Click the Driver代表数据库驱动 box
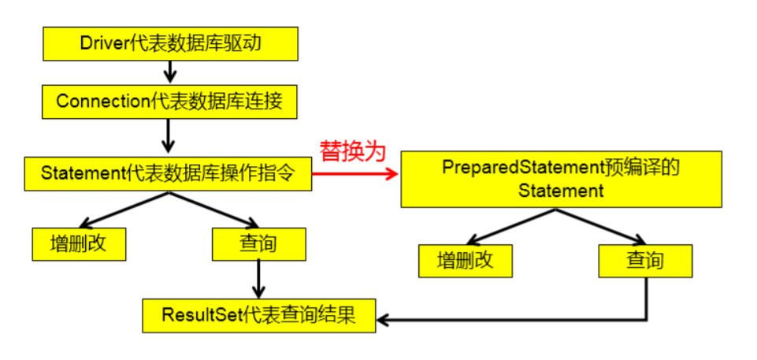[170, 45]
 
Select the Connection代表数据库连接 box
[170, 101]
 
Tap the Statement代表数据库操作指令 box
[168, 173]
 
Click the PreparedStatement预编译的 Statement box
[561, 180]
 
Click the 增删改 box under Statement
[80, 244]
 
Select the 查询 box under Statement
[258, 244]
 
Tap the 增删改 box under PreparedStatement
[466, 261]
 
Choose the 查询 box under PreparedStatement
[644, 261]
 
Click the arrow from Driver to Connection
[169, 72]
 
